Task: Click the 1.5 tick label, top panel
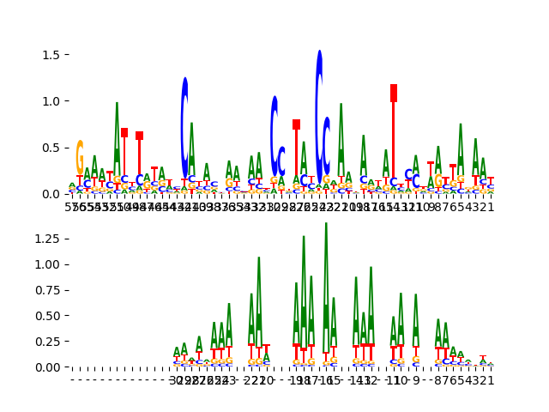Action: coord(51,55)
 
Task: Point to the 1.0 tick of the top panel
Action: coord(51,101)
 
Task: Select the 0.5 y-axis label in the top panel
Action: coord(51,148)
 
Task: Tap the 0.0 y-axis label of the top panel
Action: coord(51,194)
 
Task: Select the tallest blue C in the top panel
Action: coord(319,112)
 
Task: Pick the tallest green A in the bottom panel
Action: coord(326,283)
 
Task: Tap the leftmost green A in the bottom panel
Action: coord(177,351)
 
